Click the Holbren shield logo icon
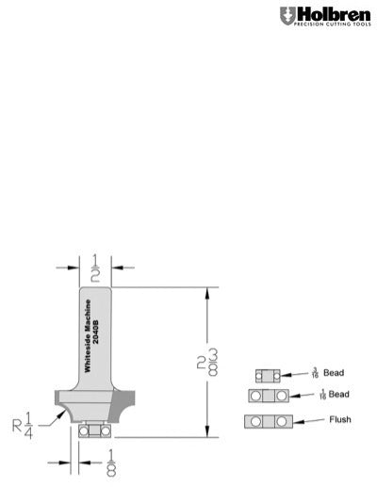[x=287, y=16]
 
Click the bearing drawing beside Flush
[x=263, y=420]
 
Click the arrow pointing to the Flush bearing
[x=300, y=420]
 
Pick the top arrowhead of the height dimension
[x=203, y=293]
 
